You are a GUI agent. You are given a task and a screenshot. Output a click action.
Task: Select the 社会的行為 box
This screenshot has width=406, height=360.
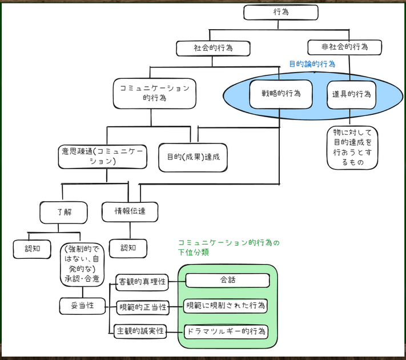click(x=212, y=48)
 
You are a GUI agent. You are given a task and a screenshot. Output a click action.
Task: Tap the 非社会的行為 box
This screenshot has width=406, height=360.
click(x=344, y=47)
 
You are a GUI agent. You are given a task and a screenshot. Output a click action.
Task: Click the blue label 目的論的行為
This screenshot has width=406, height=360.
click(x=312, y=64)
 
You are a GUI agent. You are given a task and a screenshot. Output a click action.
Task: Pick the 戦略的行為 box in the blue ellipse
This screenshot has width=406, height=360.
click(x=280, y=94)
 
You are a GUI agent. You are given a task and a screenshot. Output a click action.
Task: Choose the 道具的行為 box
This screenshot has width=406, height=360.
click(x=351, y=94)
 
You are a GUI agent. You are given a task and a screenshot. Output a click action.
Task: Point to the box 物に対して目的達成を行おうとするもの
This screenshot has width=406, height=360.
click(x=352, y=148)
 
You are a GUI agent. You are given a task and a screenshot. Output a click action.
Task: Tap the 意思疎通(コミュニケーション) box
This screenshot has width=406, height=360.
click(x=102, y=156)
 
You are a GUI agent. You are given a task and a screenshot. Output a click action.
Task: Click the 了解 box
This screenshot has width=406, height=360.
click(x=63, y=212)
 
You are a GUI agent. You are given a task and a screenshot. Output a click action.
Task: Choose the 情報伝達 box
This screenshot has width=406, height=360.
click(x=130, y=211)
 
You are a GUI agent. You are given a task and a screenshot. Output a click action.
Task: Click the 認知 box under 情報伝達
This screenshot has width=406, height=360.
click(x=128, y=248)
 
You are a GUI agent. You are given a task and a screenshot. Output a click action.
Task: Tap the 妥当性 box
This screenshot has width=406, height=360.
click(x=83, y=306)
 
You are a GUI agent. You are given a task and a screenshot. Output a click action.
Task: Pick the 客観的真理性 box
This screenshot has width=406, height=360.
click(x=142, y=282)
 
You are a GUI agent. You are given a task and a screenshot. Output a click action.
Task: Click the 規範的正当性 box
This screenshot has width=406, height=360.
click(x=142, y=307)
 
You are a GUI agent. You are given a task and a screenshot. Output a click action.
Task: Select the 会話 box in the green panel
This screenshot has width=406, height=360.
click(x=227, y=281)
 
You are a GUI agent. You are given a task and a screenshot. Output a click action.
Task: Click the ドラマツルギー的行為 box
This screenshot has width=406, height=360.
click(x=226, y=331)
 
